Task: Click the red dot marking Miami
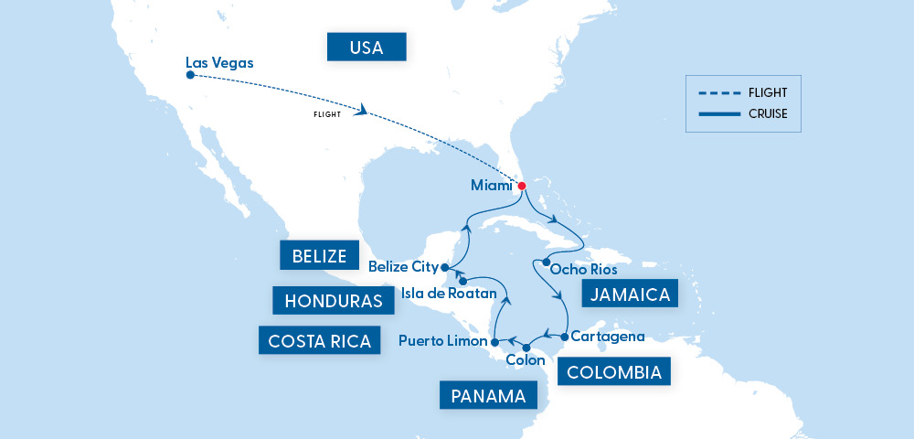point(522,187)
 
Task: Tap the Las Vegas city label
point(219,63)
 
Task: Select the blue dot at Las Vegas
point(190,76)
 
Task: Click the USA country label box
point(367,47)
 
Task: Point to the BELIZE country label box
point(319,255)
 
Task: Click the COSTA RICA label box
point(319,341)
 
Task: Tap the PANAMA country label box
point(488,396)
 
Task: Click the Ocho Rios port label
point(586,270)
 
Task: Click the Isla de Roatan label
point(449,294)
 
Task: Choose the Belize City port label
point(402,267)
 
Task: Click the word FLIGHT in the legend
point(767,92)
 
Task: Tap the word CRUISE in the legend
point(767,114)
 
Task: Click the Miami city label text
point(491,186)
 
